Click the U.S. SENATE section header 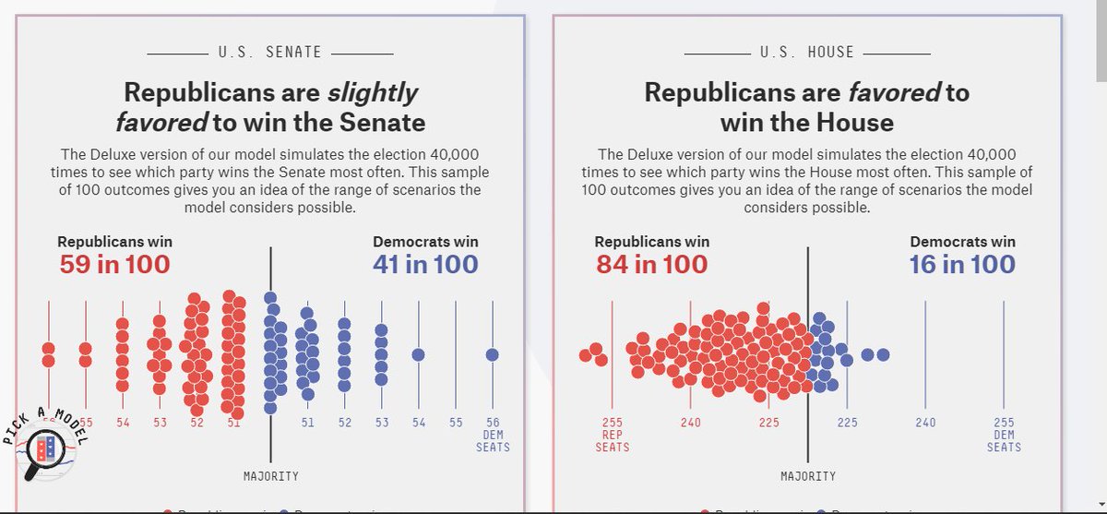(x=270, y=52)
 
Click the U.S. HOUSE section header (x=807, y=52)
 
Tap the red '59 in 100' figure (x=114, y=265)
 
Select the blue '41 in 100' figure (x=425, y=265)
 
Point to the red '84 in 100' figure (x=651, y=265)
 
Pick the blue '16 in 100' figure (x=962, y=265)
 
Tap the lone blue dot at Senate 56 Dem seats (x=493, y=354)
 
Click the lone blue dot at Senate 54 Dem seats (x=418, y=354)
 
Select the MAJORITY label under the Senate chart (x=270, y=476)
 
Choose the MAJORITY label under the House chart (x=808, y=476)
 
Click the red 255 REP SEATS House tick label (x=613, y=435)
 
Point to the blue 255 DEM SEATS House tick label (x=1004, y=435)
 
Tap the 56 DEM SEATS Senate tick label (x=493, y=435)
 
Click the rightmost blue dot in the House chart (x=883, y=354)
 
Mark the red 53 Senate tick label (x=161, y=423)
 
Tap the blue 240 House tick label (x=925, y=423)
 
